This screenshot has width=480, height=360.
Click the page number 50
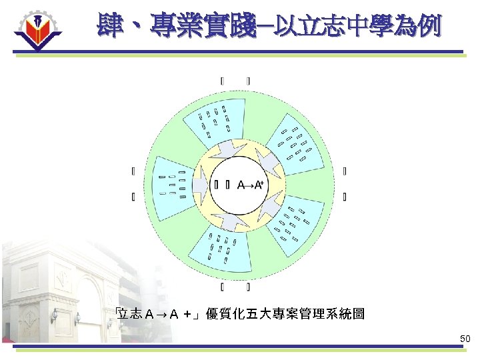[465, 339]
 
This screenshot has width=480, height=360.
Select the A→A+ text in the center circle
[250, 185]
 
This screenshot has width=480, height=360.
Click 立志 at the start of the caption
[131, 313]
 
